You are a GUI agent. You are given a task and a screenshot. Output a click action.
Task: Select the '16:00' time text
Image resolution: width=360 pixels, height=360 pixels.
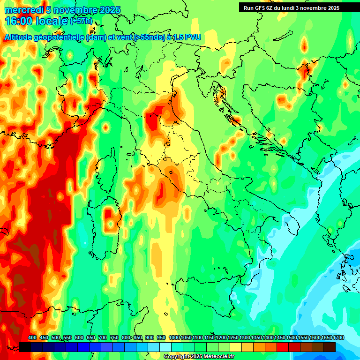[19, 21]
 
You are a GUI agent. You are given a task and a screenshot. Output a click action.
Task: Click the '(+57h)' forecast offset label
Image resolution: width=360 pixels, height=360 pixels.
[82, 22]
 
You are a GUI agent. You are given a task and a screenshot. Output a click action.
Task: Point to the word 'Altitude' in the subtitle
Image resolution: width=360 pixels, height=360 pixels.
[23, 37]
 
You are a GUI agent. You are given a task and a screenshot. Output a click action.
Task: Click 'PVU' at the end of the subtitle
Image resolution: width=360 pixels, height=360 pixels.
[193, 37]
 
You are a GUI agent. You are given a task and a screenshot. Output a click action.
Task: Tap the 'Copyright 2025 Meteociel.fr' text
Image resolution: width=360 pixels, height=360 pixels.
[199, 357]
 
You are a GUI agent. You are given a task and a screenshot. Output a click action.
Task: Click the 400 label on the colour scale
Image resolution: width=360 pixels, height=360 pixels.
[32, 338]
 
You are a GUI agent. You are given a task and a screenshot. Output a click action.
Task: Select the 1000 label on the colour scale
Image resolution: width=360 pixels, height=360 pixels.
[174, 338]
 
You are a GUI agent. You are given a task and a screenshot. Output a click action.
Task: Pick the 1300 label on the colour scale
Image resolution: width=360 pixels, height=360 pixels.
[245, 338]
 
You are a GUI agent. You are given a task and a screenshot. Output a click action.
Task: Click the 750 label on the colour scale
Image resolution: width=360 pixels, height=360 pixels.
[114, 338]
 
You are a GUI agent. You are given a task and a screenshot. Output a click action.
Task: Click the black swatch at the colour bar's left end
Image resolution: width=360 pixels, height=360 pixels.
[25, 347]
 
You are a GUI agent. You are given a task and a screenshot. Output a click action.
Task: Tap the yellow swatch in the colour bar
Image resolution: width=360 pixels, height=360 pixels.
[236, 347]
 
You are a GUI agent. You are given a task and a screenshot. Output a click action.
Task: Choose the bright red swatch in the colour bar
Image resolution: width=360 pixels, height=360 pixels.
[283, 347]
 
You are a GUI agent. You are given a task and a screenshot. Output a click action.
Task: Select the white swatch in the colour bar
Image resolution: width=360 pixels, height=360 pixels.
[165, 347]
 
